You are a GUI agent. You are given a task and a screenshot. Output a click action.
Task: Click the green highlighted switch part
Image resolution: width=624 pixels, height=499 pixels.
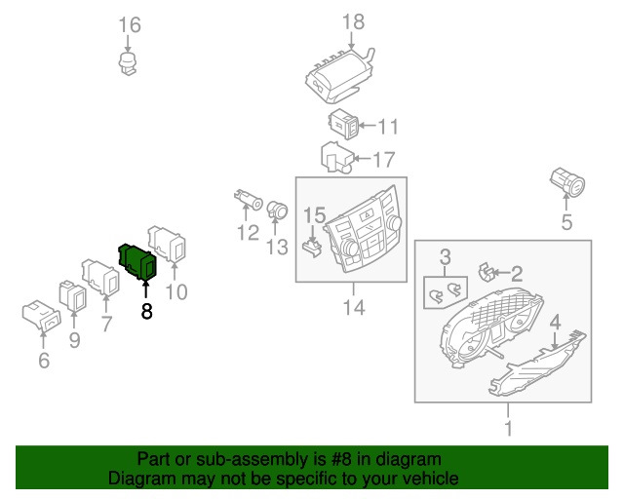coord(137,261)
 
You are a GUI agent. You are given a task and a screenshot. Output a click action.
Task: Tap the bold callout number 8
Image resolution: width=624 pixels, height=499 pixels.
coord(146,311)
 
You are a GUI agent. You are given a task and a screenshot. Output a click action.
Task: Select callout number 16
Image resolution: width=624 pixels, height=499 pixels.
coord(130,24)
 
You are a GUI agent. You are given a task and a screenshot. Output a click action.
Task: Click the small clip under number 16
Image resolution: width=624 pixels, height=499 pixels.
coord(128,63)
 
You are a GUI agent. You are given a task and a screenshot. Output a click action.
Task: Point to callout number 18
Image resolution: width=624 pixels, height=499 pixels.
coord(353,21)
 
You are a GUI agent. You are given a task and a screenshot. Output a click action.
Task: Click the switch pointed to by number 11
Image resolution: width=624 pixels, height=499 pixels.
coord(344,124)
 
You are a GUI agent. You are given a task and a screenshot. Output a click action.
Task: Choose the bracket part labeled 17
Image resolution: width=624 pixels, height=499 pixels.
coord(336,158)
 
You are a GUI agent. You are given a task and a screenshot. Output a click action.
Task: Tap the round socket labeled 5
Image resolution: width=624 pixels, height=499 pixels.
coord(567,182)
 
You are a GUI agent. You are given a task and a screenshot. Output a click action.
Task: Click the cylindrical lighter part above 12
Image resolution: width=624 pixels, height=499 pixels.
coord(249,199)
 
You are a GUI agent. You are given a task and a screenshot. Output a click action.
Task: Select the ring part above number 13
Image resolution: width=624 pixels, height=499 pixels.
coord(277,211)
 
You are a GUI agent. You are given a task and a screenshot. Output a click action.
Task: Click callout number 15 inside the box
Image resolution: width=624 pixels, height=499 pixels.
coord(314,215)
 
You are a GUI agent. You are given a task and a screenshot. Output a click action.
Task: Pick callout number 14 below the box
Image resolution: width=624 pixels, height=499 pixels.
coord(354,308)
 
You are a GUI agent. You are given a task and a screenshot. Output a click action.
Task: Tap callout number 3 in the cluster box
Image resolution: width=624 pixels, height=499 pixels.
coord(446,257)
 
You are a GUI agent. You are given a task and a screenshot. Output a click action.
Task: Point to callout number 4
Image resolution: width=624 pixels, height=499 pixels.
coord(555,322)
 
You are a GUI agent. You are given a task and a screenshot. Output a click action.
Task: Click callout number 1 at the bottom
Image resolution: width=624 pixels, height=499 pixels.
coord(508,428)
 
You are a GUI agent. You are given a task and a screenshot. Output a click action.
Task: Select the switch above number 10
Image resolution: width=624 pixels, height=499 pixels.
coord(167,244)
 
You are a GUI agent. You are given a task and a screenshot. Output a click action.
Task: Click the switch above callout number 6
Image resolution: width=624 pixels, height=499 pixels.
coord(42,315)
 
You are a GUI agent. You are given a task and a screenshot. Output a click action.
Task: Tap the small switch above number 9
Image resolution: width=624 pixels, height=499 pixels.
coord(72,295)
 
